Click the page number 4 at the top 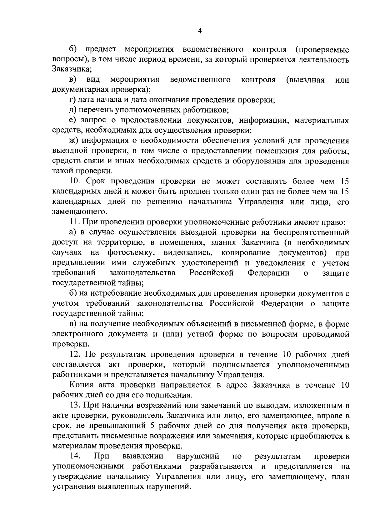[200, 30]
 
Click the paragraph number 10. [75, 181]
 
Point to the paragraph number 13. [75, 406]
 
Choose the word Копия [80, 385]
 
